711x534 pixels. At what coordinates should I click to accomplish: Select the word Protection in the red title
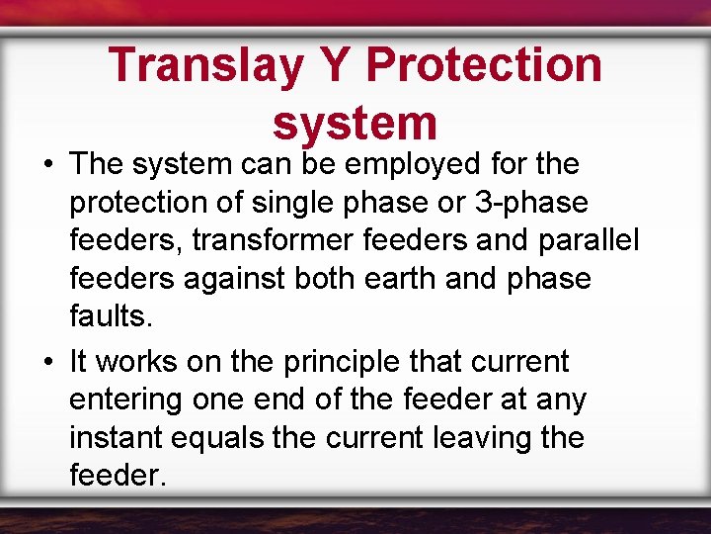click(x=485, y=64)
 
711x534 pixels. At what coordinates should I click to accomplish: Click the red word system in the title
click(x=355, y=123)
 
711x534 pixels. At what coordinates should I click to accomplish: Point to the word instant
click(x=116, y=438)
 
